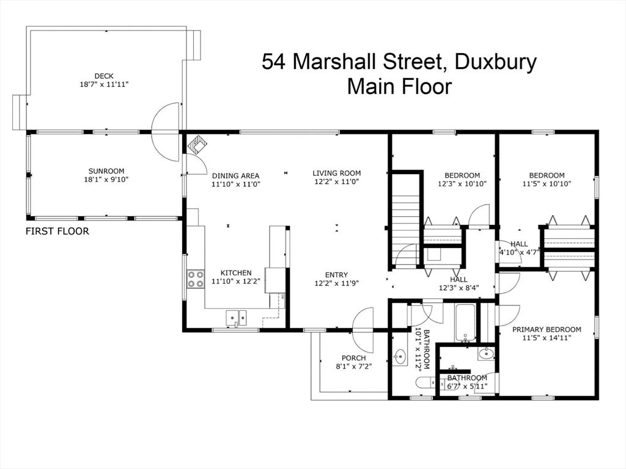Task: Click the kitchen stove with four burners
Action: pos(195,279)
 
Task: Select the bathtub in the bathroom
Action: pos(465,322)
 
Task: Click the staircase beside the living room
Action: pos(404,220)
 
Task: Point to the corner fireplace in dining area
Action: pos(197,145)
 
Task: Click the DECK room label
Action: pos(103,76)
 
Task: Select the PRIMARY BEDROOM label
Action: pos(547,330)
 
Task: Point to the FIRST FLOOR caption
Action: pos(57,231)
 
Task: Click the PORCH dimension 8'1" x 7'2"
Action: pos(354,366)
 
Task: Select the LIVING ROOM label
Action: pos(337,173)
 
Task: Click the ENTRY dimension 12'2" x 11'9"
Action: pos(337,283)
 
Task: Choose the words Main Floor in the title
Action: pos(399,86)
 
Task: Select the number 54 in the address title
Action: pos(274,62)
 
